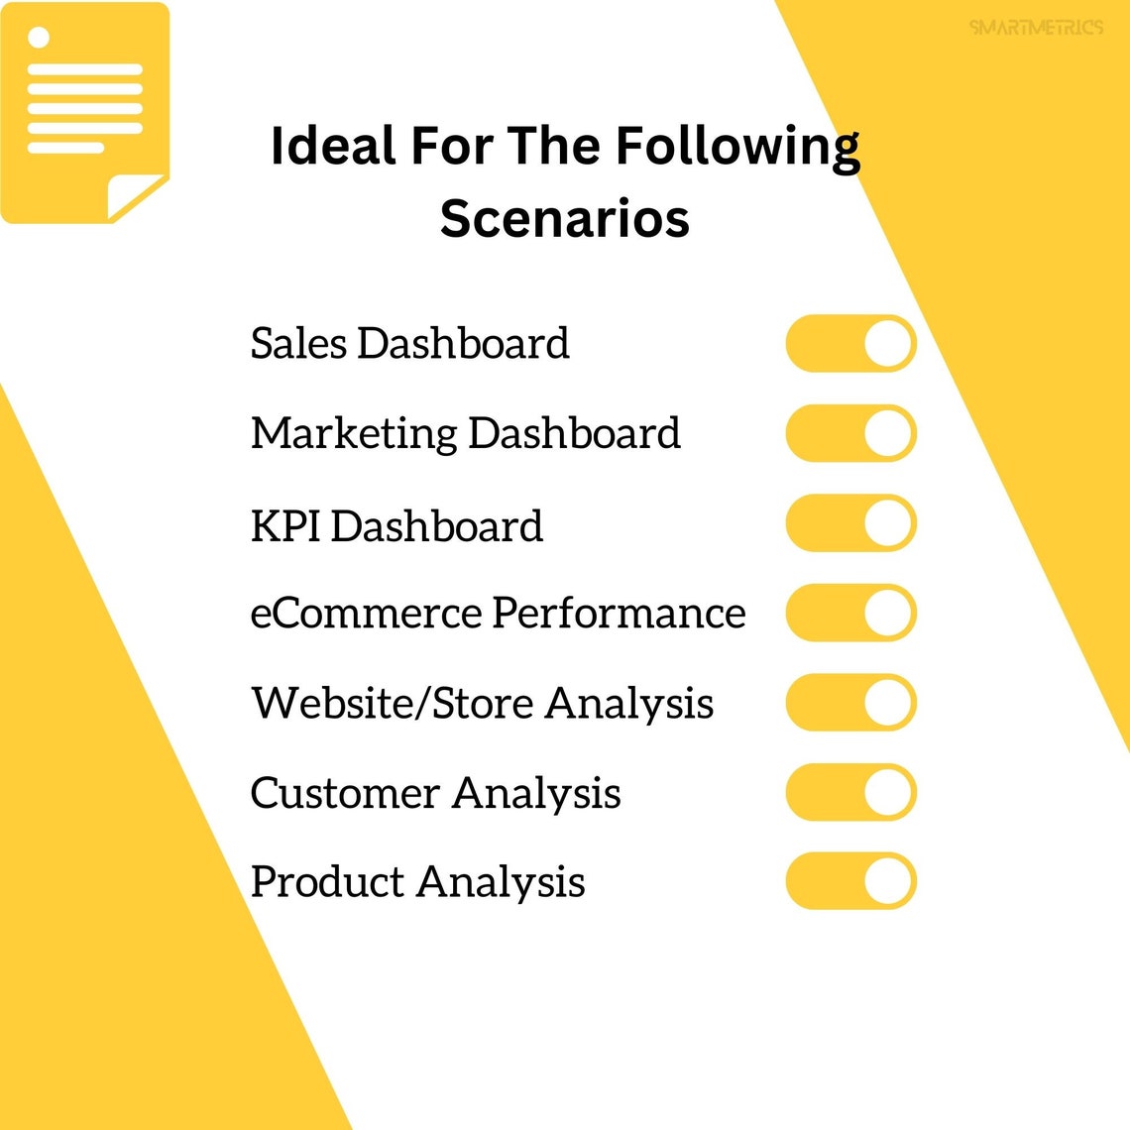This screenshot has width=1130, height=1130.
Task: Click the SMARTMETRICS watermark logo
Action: pos(1036,27)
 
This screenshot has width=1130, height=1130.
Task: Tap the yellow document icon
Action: pos(84,112)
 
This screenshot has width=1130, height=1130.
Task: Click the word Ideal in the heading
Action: pos(332,146)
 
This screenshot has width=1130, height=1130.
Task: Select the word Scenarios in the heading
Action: pos(564,218)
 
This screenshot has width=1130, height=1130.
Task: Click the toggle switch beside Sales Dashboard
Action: pos(850,344)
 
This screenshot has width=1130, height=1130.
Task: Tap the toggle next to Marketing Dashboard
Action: pos(850,433)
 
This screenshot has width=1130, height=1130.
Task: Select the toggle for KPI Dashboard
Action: pos(850,523)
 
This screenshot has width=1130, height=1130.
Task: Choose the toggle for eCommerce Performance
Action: pos(850,613)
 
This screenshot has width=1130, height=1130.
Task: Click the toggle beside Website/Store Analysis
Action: pos(850,703)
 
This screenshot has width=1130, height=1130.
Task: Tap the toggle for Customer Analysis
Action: pos(850,792)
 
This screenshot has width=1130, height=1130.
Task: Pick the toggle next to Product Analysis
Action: pos(850,881)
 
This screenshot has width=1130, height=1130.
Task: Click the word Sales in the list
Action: pos(298,344)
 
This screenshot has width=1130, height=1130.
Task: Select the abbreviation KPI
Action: pos(285,525)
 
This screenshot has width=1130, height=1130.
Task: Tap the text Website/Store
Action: pos(393,703)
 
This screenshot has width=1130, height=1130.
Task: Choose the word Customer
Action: pos(344,793)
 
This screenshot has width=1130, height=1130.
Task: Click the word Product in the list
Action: pos(327,882)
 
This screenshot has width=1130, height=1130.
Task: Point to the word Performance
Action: pos(620,613)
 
